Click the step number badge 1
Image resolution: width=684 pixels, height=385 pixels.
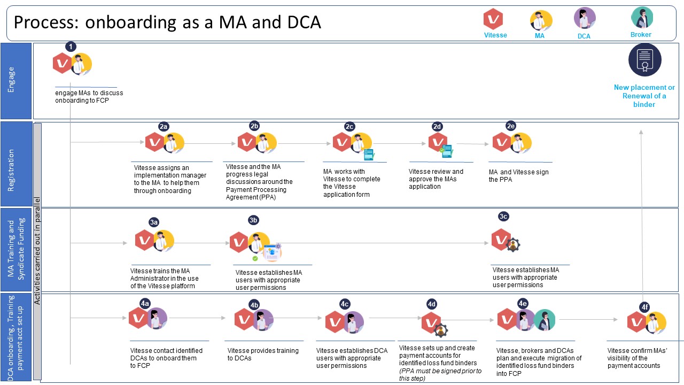coord(71,47)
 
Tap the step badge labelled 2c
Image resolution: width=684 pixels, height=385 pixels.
coord(349,127)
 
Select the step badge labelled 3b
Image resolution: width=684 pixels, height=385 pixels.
coord(253,220)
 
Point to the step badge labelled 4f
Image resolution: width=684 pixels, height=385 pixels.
coord(644,307)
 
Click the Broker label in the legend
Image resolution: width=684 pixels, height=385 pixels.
coord(641,35)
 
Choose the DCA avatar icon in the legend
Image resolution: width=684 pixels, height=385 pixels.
coord(585,18)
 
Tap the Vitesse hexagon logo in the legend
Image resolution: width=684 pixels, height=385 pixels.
coord(493,19)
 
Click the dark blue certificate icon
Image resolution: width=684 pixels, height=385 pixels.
coord(644,59)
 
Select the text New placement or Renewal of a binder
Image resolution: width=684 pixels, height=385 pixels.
coord(644,96)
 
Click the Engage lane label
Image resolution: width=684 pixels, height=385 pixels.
coord(11,80)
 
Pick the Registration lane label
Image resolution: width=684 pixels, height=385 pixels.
coord(11,170)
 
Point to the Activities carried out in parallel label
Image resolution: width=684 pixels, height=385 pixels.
coord(37,251)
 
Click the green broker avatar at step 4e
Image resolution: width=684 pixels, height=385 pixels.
coord(545,320)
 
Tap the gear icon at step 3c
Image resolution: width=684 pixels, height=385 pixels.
coord(513,245)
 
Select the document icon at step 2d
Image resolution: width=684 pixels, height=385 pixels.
coord(447,151)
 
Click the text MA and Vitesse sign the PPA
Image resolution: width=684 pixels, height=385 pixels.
coord(518,176)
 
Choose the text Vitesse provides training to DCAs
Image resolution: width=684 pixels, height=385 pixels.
coord(263,354)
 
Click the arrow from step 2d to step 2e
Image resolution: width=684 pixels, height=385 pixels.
coord(473,144)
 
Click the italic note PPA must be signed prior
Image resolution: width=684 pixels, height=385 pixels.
coord(440,375)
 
